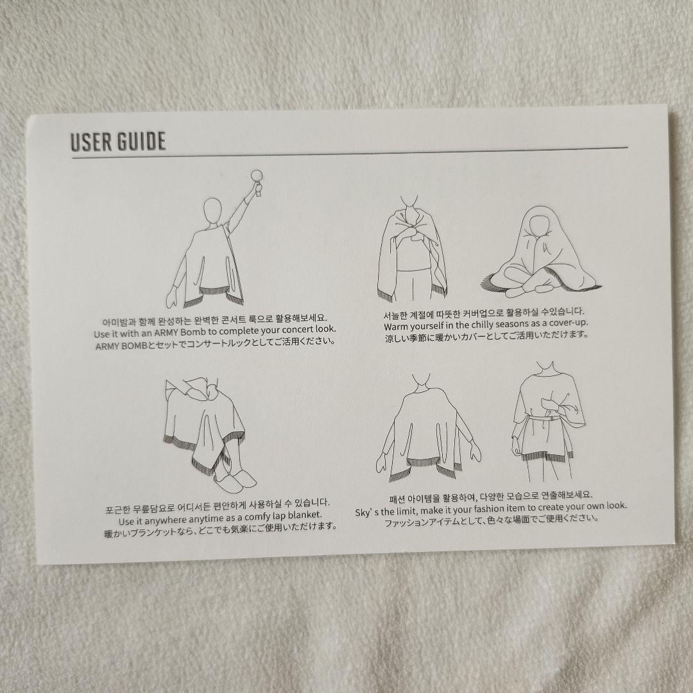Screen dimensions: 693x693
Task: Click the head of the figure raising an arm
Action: tap(211, 211)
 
